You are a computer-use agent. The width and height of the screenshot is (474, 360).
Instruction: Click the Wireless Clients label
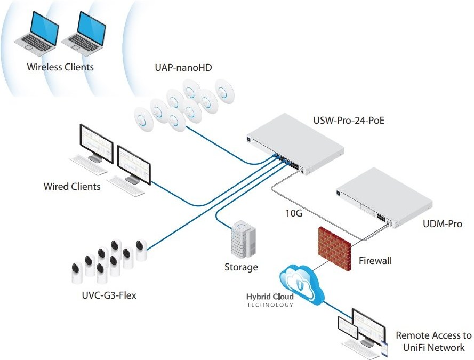60,67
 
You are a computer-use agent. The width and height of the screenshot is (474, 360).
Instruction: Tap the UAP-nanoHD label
182,68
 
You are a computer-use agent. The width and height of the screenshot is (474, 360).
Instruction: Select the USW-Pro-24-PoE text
350,122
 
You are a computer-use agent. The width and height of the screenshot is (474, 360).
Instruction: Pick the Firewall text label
375,261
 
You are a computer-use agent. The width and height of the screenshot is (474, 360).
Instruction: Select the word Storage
241,267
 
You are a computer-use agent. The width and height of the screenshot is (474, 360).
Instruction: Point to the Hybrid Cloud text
269,297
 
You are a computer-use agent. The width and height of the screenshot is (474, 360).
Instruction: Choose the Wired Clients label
72,187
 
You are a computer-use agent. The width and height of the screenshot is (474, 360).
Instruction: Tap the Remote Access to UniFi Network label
433,342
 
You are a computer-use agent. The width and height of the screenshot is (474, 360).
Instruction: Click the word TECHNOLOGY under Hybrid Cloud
270,305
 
